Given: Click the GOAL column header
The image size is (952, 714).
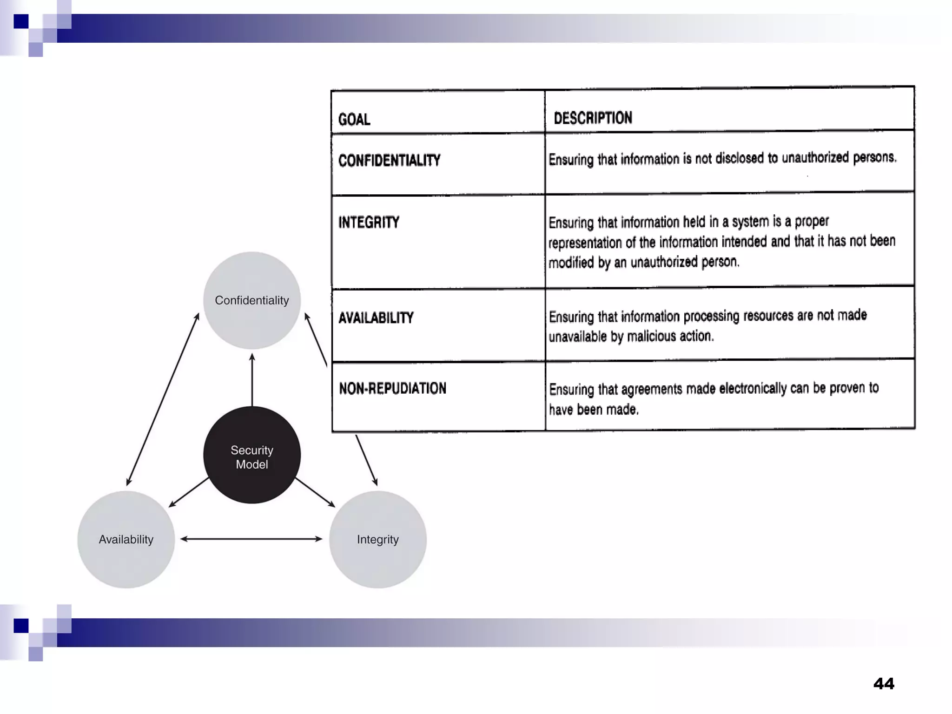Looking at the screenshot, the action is click(354, 119).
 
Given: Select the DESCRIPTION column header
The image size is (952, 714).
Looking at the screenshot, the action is click(593, 118).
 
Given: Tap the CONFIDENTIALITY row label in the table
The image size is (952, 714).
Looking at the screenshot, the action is click(389, 161).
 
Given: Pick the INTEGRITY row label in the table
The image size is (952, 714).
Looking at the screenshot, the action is click(369, 223).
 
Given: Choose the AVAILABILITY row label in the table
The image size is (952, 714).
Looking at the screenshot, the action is click(376, 318).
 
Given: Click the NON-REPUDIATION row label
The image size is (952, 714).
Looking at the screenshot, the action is click(392, 389).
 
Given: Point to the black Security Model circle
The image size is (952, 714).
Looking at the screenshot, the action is click(252, 455).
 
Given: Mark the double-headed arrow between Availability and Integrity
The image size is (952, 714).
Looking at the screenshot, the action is click(251, 539).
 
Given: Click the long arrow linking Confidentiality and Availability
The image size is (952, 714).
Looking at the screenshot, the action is click(163, 400).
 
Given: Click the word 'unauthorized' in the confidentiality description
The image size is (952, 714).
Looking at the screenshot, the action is click(815, 158).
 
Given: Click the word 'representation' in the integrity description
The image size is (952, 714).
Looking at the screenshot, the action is click(585, 243).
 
